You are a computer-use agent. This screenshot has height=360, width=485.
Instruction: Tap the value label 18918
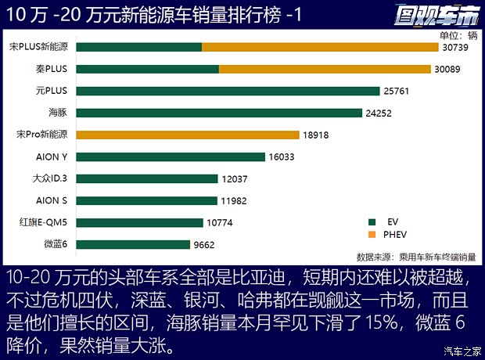tap(314, 135)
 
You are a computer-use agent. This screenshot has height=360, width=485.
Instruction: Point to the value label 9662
tap(209, 245)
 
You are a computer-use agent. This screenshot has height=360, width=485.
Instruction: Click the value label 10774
tap(221, 223)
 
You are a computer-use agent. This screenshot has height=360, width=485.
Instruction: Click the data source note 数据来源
tap(419, 256)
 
